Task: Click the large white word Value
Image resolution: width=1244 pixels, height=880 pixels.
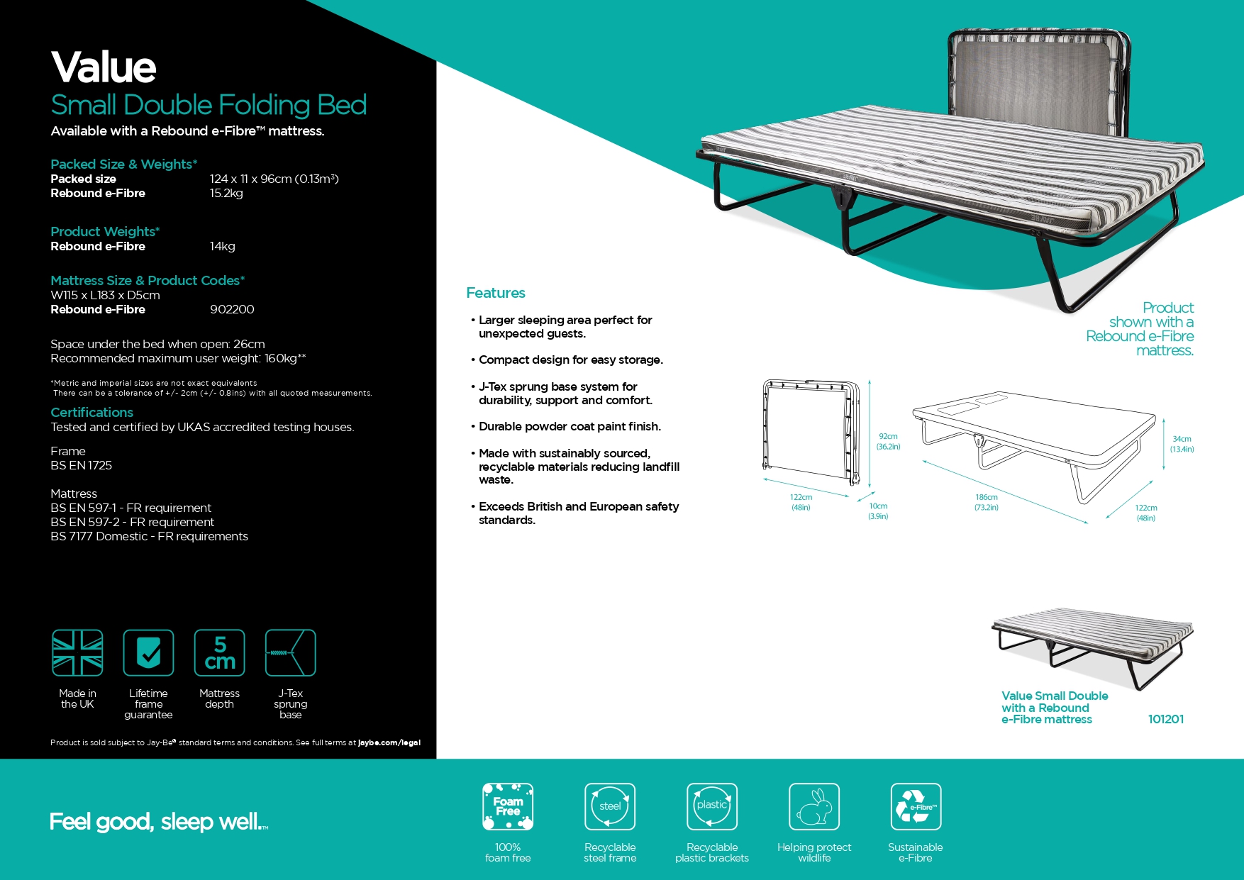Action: (x=104, y=67)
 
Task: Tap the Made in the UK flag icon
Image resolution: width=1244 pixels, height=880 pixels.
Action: (x=77, y=653)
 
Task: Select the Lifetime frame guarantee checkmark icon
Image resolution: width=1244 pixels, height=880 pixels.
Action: (x=148, y=653)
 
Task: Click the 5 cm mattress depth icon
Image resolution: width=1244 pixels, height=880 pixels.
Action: (x=220, y=653)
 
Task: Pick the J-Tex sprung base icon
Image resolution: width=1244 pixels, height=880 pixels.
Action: (x=290, y=653)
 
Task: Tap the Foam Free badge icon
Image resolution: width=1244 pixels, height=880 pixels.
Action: (x=508, y=806)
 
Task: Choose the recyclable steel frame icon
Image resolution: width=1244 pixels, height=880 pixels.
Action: (x=610, y=806)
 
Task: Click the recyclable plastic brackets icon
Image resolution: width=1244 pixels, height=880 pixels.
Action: (x=712, y=806)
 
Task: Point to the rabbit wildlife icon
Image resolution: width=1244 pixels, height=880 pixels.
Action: (x=814, y=806)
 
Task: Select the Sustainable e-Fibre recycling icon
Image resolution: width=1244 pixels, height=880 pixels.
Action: (x=916, y=806)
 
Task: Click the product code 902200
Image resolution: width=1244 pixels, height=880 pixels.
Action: (x=232, y=309)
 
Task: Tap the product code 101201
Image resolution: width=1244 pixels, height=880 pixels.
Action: (x=1165, y=719)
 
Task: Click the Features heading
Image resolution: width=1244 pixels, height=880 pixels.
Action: (x=496, y=293)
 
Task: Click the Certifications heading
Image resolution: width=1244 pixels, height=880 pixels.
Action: (x=91, y=413)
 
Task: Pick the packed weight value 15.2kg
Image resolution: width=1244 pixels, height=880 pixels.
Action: (x=226, y=193)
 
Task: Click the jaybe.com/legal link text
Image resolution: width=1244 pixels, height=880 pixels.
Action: (x=389, y=742)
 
